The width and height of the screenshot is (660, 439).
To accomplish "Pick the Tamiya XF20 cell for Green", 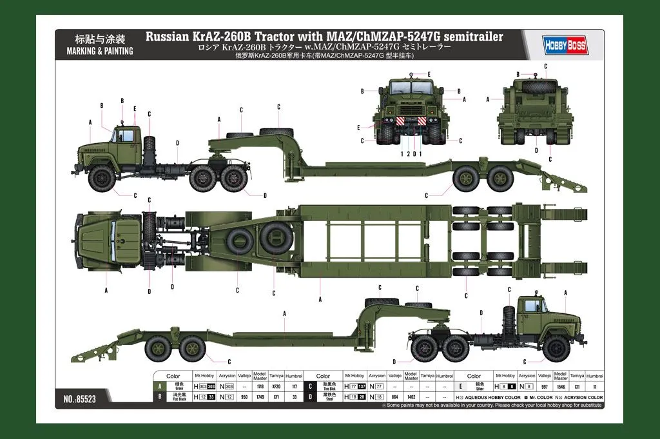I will pyautogui.click(x=277, y=385).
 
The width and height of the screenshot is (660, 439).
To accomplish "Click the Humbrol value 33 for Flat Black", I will pyautogui.click(x=294, y=398).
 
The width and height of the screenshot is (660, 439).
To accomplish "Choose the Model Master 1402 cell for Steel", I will pyautogui.click(x=411, y=398).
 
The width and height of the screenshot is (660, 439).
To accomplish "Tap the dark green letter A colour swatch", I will pyautogui.click(x=159, y=385).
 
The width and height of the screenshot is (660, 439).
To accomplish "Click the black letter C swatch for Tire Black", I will pyautogui.click(x=309, y=385).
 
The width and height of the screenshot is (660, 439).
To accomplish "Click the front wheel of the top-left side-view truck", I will pyautogui.click(x=102, y=178).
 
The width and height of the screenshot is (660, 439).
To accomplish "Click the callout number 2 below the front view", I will pyautogui.click(x=409, y=154).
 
